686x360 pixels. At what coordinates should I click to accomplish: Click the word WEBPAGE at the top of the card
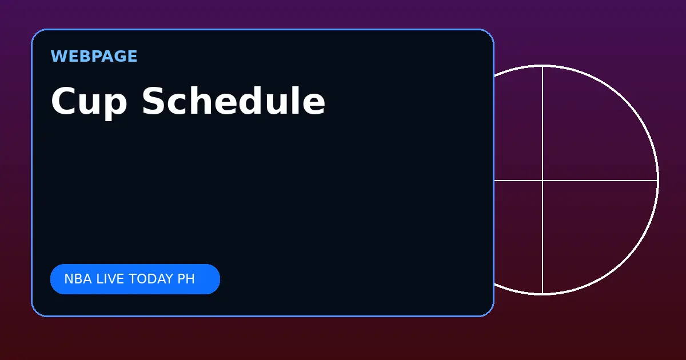click(x=94, y=57)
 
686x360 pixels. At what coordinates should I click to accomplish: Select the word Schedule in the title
click(x=233, y=101)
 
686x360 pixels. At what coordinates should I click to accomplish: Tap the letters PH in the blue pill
click(x=186, y=279)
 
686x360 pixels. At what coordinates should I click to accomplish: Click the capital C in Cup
click(x=63, y=101)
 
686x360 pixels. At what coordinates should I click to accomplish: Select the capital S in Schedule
click(x=154, y=101)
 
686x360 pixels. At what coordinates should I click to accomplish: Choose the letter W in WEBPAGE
click(x=58, y=57)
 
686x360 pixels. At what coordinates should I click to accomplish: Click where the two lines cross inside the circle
click(x=543, y=181)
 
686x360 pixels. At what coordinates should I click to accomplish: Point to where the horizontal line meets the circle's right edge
click(x=657, y=181)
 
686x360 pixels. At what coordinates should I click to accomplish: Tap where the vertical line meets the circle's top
click(x=543, y=66)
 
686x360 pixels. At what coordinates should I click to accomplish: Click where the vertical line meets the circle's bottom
click(x=543, y=294)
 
